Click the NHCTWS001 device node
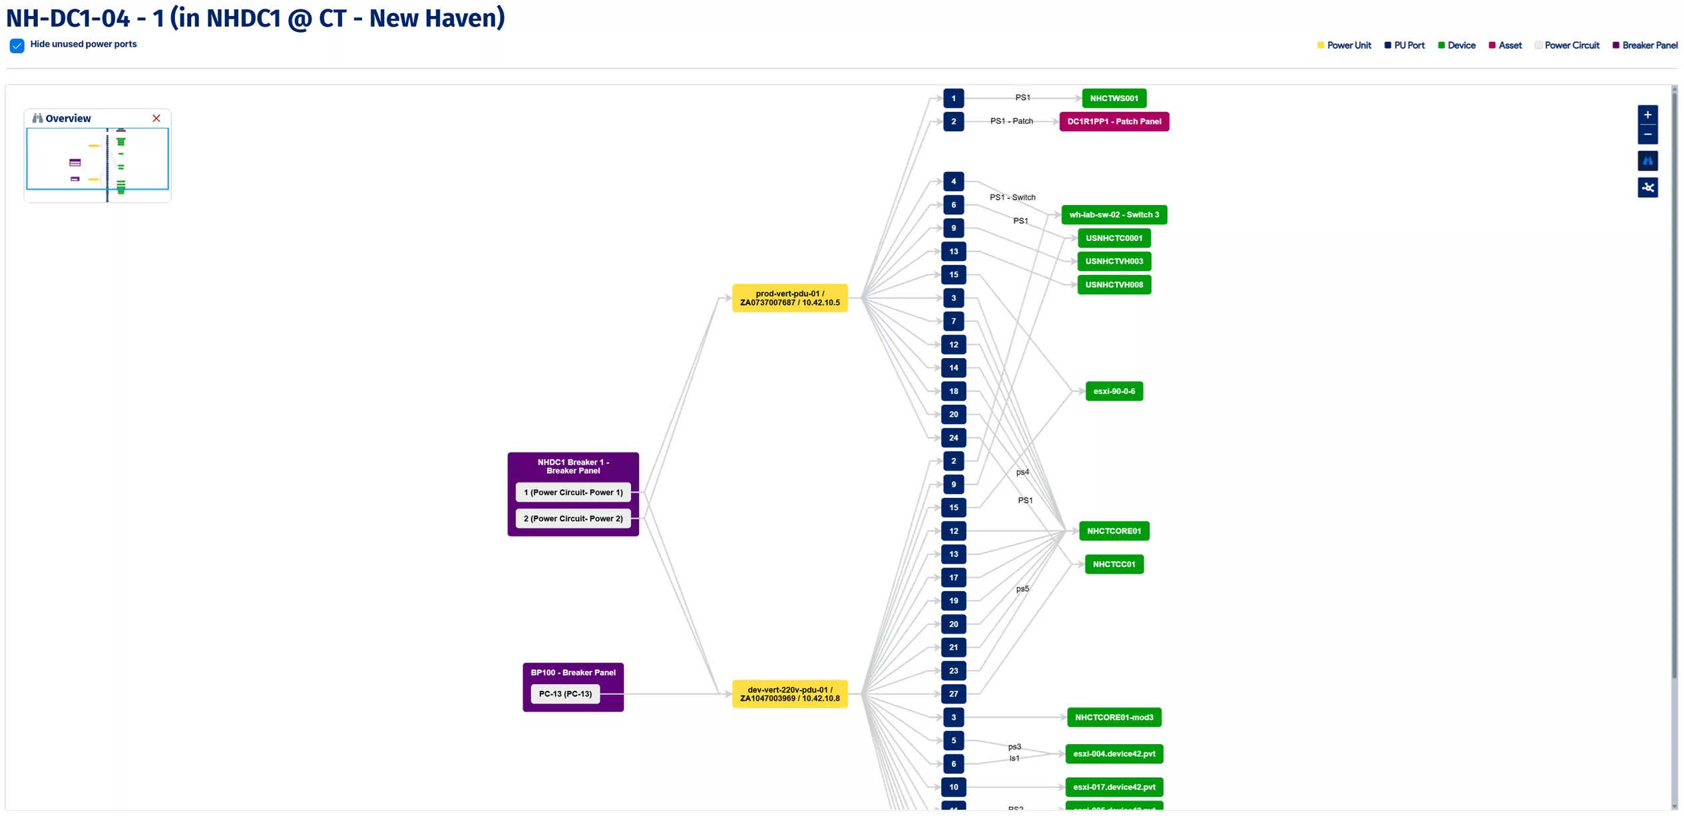[1114, 99]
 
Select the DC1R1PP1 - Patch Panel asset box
[1114, 122]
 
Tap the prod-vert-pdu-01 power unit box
[789, 298]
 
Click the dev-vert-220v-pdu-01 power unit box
[789, 694]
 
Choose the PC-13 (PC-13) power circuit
[565, 694]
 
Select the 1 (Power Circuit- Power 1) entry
[572, 493]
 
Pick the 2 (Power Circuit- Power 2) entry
[572, 518]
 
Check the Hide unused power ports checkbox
[17, 45]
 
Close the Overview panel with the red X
[156, 118]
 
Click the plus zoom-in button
[1647, 115]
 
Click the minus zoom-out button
[1647, 134]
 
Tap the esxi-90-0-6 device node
[1114, 391]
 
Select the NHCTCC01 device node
[1114, 564]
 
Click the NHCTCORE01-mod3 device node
[1114, 717]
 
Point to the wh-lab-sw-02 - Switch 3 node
[1114, 215]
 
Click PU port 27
[953, 694]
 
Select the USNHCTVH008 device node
[1114, 285]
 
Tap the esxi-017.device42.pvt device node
[1114, 787]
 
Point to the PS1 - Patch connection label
[1011, 121]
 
